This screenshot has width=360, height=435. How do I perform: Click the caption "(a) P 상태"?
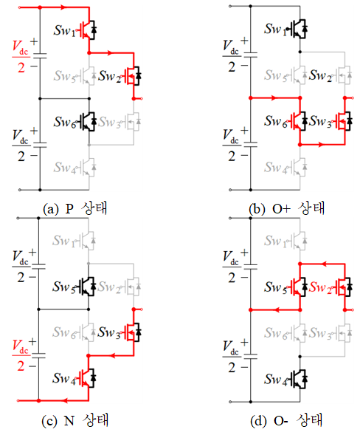[75, 208]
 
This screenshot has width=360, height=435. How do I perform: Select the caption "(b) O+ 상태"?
[286, 208]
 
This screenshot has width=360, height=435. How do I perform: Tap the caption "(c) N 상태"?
[75, 420]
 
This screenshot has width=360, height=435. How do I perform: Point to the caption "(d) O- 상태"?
[286, 420]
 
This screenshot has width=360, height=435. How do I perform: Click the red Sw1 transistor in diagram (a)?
[88, 29]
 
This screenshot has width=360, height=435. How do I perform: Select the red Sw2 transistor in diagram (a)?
[133, 75]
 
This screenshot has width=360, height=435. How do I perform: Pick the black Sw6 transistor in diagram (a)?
[88, 122]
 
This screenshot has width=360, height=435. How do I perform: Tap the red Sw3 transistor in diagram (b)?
[344, 121]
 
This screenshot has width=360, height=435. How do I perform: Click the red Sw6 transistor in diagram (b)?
[299, 121]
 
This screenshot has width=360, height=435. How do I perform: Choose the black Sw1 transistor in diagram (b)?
[299, 29]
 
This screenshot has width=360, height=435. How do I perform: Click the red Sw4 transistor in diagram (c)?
[87, 378]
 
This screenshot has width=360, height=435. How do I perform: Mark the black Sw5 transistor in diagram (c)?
[87, 287]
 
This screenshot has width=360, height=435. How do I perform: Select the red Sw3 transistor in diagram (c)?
[133, 332]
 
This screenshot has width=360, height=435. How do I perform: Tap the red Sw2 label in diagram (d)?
[320, 287]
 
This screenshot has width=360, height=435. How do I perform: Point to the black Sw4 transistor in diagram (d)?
[299, 379]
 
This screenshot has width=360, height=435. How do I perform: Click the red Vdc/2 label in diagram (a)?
[21, 57]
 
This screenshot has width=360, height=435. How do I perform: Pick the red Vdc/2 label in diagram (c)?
[21, 356]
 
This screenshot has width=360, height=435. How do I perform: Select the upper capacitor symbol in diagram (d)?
[250, 267]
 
